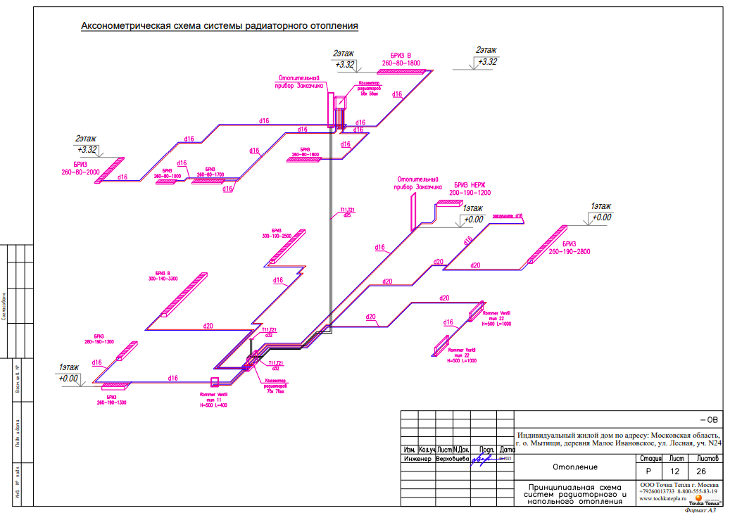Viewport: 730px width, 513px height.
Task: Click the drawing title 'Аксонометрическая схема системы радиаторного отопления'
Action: point(220,26)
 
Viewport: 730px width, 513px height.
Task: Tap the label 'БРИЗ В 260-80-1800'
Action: point(401,59)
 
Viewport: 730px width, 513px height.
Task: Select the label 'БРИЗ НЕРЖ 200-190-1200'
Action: point(470,189)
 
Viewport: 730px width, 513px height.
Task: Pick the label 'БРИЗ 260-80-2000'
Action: point(80,168)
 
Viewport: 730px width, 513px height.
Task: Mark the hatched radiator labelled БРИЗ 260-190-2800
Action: point(548,244)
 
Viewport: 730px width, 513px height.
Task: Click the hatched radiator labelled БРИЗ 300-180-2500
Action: point(288,247)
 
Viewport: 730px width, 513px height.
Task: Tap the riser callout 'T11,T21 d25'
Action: point(347,213)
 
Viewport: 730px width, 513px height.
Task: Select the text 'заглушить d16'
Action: point(508,215)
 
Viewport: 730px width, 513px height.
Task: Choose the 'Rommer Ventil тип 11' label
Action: point(214,399)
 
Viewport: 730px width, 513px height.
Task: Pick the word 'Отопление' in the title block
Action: point(574,467)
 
